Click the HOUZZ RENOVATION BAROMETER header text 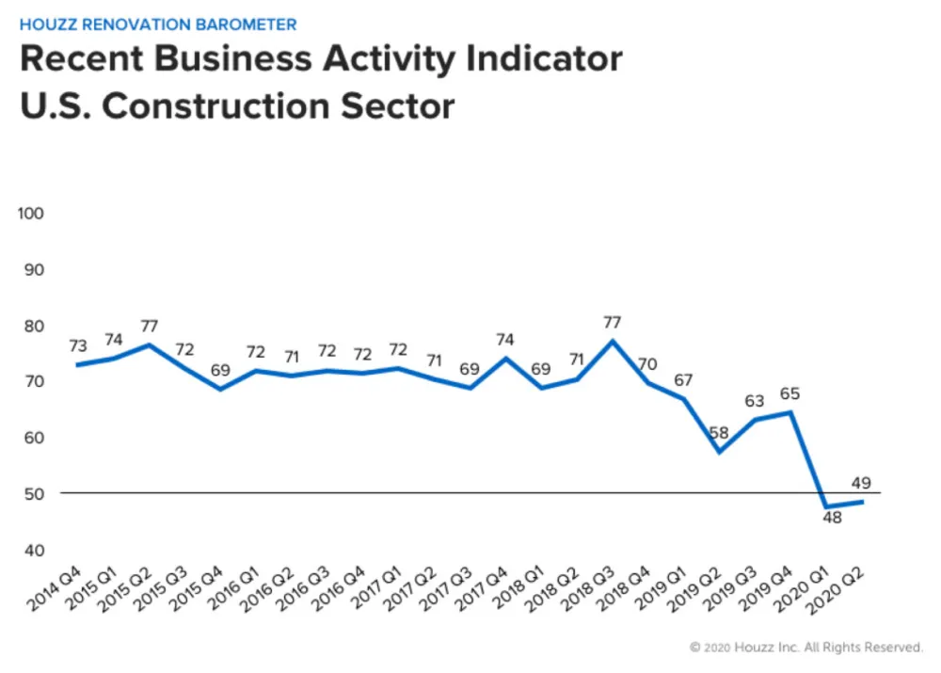click(158, 24)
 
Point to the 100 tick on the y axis click(31, 214)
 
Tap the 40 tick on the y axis click(31, 550)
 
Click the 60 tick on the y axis click(31, 438)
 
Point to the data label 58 click(720, 434)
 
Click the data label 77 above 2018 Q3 click(612, 322)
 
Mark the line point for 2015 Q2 click(148, 345)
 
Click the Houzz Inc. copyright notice click(805, 648)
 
